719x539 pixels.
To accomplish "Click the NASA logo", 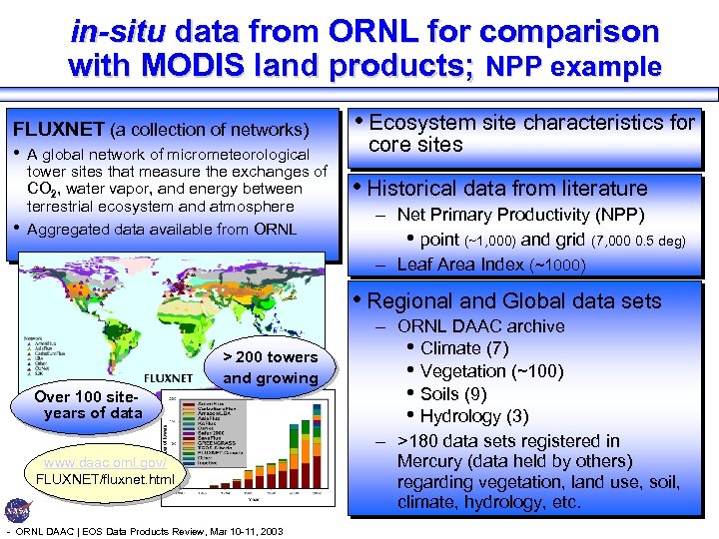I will click(18, 509).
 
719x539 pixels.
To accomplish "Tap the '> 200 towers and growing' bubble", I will click(270, 367).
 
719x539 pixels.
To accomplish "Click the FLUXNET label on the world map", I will click(176, 378).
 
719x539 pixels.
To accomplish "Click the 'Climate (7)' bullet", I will click(464, 348).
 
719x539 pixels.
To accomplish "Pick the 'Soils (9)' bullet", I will click(453, 393).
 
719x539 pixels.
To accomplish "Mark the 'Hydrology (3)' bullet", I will click(473, 416).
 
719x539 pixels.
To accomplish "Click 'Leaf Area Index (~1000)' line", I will click(490, 265).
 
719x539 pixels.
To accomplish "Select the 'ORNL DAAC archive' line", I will click(480, 325).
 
